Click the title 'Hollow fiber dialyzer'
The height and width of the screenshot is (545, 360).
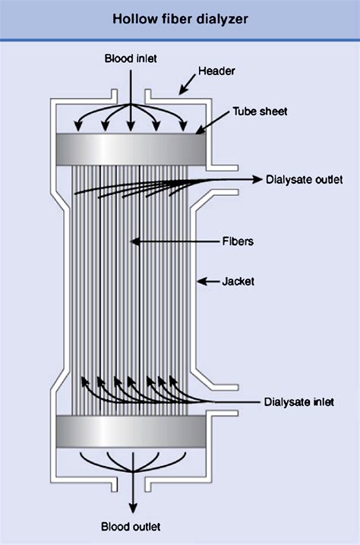tap(180, 19)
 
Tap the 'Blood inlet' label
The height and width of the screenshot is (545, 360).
tap(131, 58)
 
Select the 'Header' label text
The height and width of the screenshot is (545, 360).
tap(216, 71)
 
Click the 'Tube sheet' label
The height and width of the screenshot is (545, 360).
tap(260, 112)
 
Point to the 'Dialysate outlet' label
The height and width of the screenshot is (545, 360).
tap(305, 179)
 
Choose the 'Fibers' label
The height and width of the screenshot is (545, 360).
tap(238, 241)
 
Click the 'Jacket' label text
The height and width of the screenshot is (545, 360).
tap(238, 281)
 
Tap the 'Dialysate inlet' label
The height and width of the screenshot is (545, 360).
tap(299, 402)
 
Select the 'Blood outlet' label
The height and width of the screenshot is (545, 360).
tap(131, 527)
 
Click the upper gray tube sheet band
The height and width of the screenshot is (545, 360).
tap(131, 150)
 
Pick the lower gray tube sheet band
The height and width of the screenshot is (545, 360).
tap(131, 431)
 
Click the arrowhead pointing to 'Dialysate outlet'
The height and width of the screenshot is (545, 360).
tap(257, 179)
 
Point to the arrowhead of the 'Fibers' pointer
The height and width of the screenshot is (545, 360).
tap(135, 241)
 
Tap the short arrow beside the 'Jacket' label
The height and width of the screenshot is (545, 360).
tap(209, 281)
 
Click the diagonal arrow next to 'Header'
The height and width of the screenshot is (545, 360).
tap(187, 84)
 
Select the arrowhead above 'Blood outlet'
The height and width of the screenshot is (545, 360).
tap(133, 508)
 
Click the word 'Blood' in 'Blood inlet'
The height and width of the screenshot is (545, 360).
tap(118, 58)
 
